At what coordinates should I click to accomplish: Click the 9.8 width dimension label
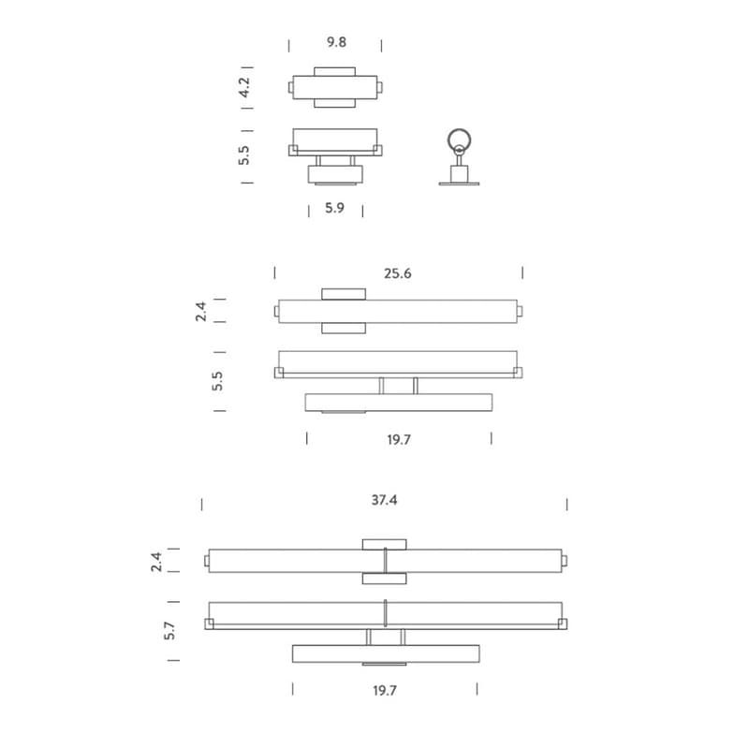pos(336,42)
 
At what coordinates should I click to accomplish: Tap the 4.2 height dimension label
pos(244,87)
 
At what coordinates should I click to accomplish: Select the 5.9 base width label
pos(334,208)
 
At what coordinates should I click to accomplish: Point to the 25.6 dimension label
pos(397,273)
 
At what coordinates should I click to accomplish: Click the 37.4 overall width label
pos(384,500)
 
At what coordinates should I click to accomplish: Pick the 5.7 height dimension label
pos(169,630)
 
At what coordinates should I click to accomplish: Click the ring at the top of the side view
pos(459,140)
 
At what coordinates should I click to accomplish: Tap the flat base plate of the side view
pos(459,184)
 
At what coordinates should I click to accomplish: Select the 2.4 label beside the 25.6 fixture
pos(201,311)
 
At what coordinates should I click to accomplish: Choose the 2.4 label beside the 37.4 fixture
pos(156,562)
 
